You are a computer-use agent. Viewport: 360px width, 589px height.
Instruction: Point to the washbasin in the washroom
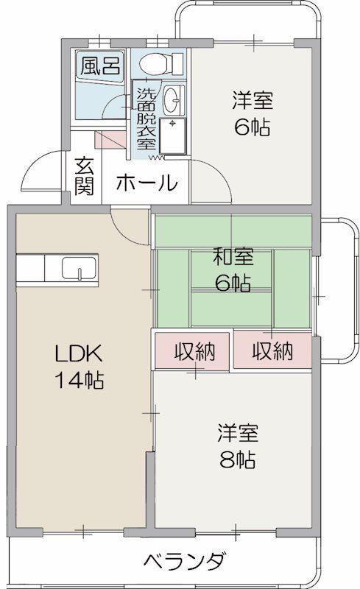173,97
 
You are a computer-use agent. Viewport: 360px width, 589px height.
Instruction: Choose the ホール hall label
146,182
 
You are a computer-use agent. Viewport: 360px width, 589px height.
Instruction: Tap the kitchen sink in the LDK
78,269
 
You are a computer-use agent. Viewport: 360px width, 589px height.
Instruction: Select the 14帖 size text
78,381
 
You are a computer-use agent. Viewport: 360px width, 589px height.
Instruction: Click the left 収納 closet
194,351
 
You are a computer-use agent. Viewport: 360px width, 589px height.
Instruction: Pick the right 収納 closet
272,351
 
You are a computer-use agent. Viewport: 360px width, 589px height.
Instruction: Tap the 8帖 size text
237,461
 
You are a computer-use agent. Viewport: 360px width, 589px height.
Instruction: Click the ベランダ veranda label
183,562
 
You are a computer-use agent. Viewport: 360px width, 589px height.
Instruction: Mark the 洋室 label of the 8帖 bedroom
237,432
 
